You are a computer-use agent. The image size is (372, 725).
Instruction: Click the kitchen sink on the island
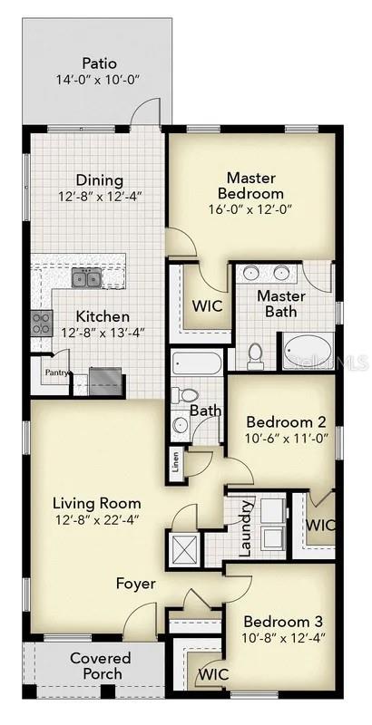tap(87, 279)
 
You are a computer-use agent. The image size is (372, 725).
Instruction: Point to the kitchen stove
tap(42, 323)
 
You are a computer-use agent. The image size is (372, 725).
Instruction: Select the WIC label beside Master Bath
tap(207, 306)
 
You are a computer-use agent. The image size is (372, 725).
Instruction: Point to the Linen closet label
tap(175, 465)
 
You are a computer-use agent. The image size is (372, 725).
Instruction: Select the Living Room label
tap(96, 503)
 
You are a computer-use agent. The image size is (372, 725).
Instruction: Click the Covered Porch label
tap(100, 666)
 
